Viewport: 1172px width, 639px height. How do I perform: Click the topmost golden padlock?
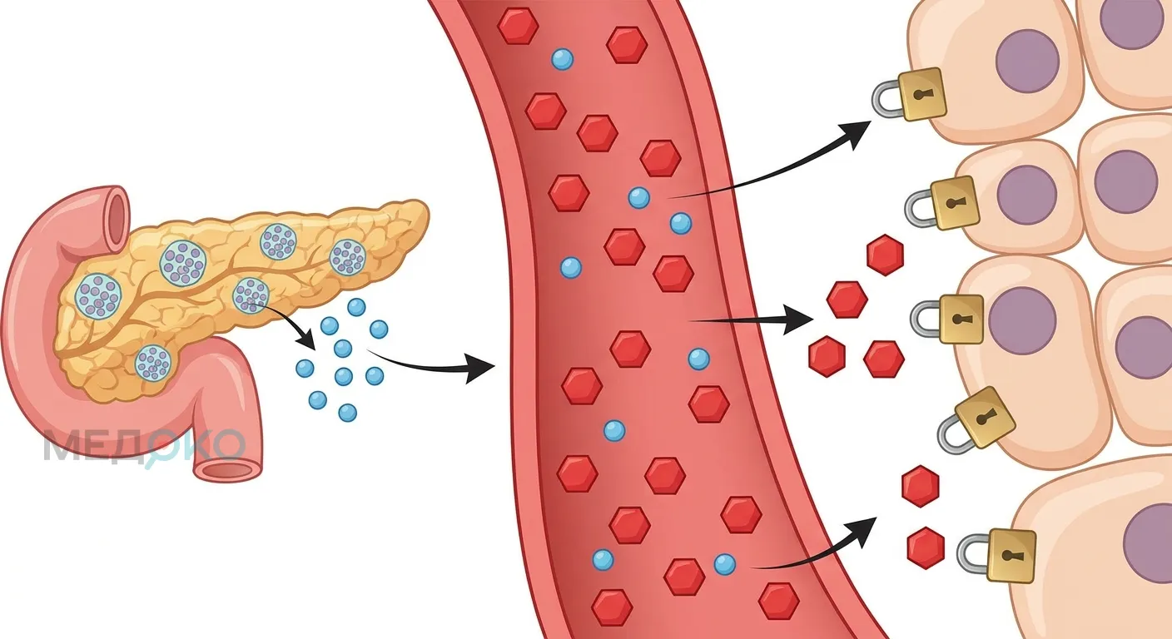[x=911, y=95]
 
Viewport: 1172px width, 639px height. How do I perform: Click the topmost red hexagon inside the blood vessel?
[x=518, y=25]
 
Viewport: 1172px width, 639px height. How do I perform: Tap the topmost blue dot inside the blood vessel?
[x=563, y=60]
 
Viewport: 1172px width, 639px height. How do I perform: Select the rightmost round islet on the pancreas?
[x=347, y=257]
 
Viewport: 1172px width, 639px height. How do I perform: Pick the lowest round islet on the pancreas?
[x=153, y=363]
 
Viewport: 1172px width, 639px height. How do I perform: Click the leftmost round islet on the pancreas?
[x=99, y=296]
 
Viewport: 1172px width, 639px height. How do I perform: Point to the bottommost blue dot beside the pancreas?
[x=347, y=413]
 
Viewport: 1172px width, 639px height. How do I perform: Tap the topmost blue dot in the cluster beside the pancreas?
[x=356, y=308]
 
